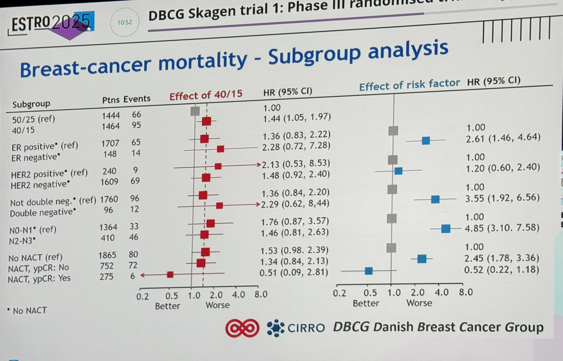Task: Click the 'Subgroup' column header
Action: pos(31,104)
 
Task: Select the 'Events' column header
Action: pos(137,99)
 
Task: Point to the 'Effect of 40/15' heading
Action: pos(205,95)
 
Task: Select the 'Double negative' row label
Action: pos(42,212)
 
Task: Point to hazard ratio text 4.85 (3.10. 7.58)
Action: pos(502,229)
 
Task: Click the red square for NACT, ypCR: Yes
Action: pos(170,274)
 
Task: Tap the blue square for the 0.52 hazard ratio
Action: pos(369,270)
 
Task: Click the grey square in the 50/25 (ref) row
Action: pos(195,111)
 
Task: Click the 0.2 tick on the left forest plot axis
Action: pos(142,296)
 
